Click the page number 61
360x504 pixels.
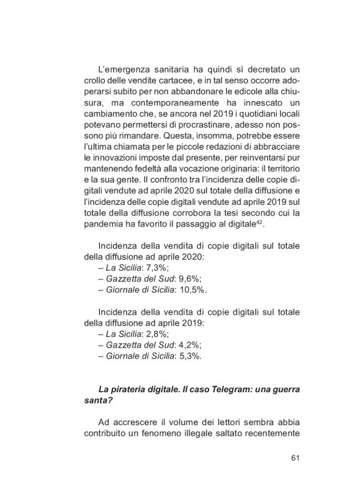point(295,458)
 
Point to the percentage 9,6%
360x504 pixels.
point(179,278)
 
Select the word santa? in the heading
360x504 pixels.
point(96,401)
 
